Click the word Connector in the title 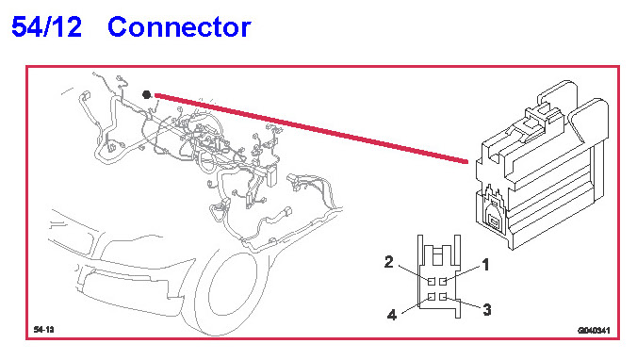click(179, 27)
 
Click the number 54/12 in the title click(46, 27)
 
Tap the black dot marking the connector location click(147, 94)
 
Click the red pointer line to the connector click(311, 128)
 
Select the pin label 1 click(485, 265)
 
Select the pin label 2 click(389, 262)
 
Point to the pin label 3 click(487, 310)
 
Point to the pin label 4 click(392, 315)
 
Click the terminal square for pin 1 click(443, 281)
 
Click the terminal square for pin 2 click(432, 281)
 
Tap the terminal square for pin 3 click(443, 297)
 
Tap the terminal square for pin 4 click(432, 297)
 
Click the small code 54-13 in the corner click(44, 330)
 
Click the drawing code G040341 click(594, 331)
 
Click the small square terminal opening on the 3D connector click(495, 221)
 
